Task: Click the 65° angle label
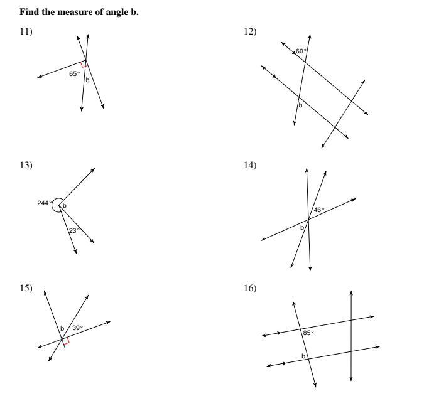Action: [x=74, y=73]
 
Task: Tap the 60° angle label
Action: [x=301, y=51]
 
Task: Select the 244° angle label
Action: [x=45, y=203]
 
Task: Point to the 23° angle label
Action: [x=74, y=231]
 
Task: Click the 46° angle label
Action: [x=319, y=210]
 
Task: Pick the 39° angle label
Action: [x=77, y=328]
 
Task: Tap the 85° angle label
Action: [x=308, y=333]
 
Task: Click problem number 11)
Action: [x=26, y=31]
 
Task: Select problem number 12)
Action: [x=250, y=31]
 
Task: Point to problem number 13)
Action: [x=26, y=165]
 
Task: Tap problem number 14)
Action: [x=250, y=165]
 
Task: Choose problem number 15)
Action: [x=26, y=288]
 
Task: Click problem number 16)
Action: [x=250, y=288]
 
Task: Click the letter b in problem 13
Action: [x=65, y=205]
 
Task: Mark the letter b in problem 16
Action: [x=303, y=356]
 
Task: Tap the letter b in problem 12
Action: [x=300, y=105]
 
